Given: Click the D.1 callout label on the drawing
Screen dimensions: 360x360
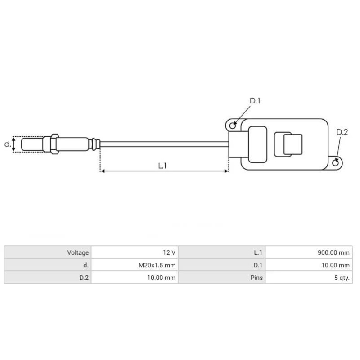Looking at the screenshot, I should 255,101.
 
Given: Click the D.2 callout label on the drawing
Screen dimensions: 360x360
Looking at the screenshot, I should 342,132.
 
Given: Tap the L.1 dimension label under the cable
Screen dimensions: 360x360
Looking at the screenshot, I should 162,166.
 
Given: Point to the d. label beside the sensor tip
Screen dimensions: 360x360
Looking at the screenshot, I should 7,144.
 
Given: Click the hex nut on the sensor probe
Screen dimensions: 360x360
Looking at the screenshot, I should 54,144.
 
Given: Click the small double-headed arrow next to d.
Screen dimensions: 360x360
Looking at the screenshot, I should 14,144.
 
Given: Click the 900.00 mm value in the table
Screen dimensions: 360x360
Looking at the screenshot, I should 333,253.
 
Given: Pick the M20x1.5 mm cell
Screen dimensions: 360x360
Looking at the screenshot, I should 157,265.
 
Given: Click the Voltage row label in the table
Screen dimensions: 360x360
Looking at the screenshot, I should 78,253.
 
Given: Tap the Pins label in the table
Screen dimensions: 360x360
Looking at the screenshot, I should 256,278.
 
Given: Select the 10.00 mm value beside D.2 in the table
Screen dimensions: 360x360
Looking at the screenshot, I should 162,278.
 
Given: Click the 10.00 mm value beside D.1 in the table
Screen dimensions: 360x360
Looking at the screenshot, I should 336,265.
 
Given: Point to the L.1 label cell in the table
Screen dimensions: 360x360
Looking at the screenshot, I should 258,253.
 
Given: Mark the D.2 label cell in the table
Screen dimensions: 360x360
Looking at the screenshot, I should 84,278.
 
